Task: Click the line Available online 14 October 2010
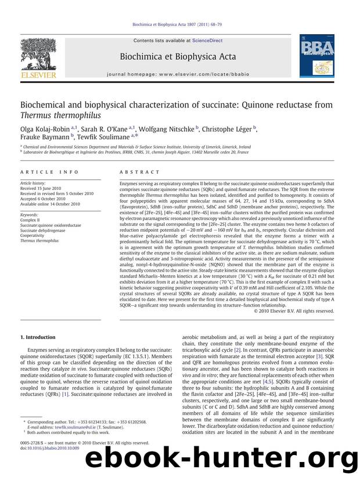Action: [x=51, y=204]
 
